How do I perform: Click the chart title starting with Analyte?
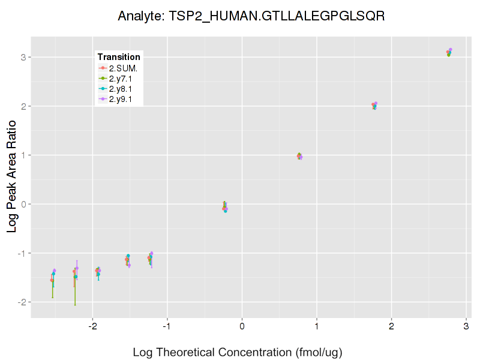click(x=251, y=16)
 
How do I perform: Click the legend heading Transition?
click(x=119, y=56)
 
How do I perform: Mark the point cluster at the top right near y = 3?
click(x=449, y=53)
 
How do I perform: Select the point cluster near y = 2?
click(x=374, y=106)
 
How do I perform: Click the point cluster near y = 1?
click(x=299, y=156)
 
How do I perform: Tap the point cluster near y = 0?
click(x=225, y=207)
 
